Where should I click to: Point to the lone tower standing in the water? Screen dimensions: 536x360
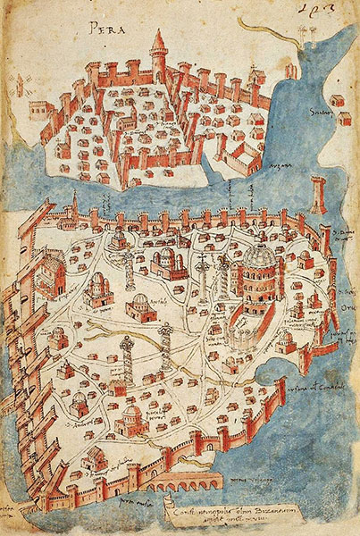click(319, 193)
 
